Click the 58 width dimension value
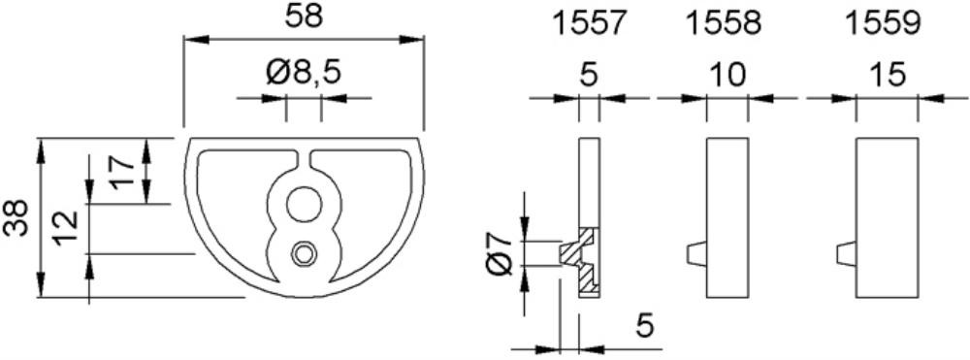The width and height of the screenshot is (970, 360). pyautogui.click(x=304, y=16)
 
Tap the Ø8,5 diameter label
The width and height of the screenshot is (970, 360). pyautogui.click(x=303, y=74)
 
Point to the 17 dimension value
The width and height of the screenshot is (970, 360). pyautogui.click(x=122, y=172)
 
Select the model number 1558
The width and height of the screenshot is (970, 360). pyautogui.click(x=724, y=23)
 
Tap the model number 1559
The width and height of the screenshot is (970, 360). pyautogui.click(x=883, y=23)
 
